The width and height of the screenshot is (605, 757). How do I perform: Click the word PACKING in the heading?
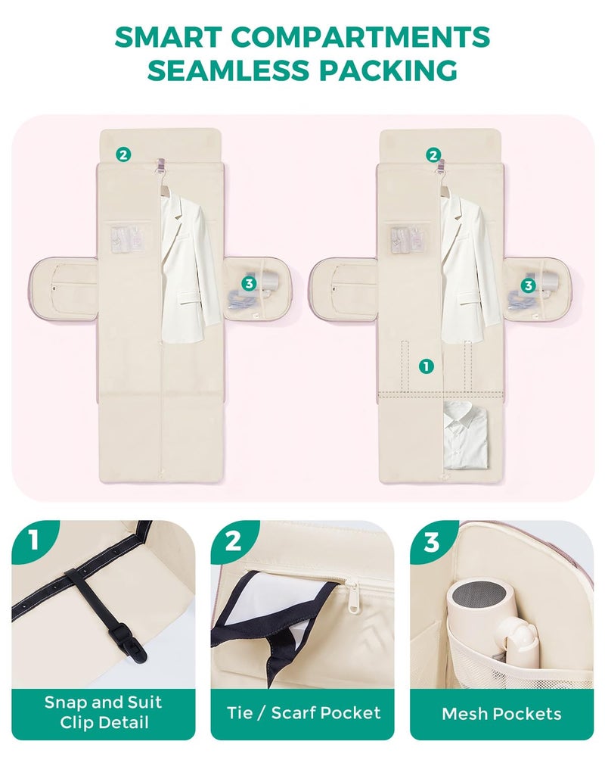coord(387,70)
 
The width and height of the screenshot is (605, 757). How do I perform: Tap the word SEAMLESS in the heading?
coord(228,70)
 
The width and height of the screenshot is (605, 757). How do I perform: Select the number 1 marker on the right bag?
coord(426,366)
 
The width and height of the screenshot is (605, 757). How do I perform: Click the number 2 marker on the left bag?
coord(123,155)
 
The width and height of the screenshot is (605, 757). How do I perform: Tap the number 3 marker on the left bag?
coord(249,283)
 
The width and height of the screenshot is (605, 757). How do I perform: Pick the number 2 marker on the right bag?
coord(433,155)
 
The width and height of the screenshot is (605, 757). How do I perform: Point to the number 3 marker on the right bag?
coord(529,285)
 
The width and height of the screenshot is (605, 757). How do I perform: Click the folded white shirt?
coord(466,435)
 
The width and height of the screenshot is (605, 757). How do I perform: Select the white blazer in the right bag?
coord(469,263)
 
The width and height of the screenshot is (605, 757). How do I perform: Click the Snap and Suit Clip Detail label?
coord(104,712)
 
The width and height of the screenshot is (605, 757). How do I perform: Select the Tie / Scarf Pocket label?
coord(303,712)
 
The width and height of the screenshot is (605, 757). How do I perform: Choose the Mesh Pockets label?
coord(501,714)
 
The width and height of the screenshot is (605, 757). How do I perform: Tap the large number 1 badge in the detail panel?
coord(33,539)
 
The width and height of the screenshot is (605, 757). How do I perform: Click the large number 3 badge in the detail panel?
coord(432,541)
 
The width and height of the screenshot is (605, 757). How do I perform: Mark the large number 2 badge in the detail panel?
coord(232,540)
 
